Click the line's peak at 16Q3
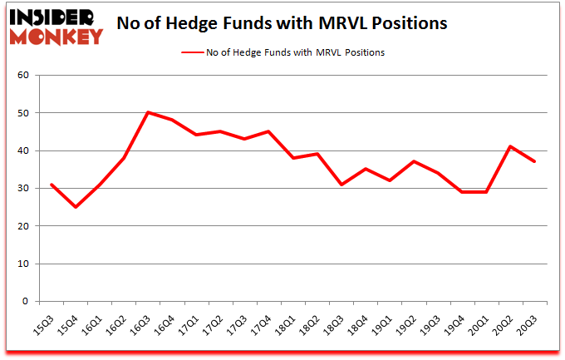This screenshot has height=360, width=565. point(147,112)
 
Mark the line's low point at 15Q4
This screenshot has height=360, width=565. point(75,207)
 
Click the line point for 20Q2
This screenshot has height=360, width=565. point(510,146)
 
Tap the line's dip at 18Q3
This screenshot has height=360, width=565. point(341,185)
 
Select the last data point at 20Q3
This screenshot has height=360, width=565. point(534,161)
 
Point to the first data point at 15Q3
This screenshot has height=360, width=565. point(51,185)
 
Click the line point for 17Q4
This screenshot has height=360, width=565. point(268,131)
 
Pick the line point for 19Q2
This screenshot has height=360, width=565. point(414,161)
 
